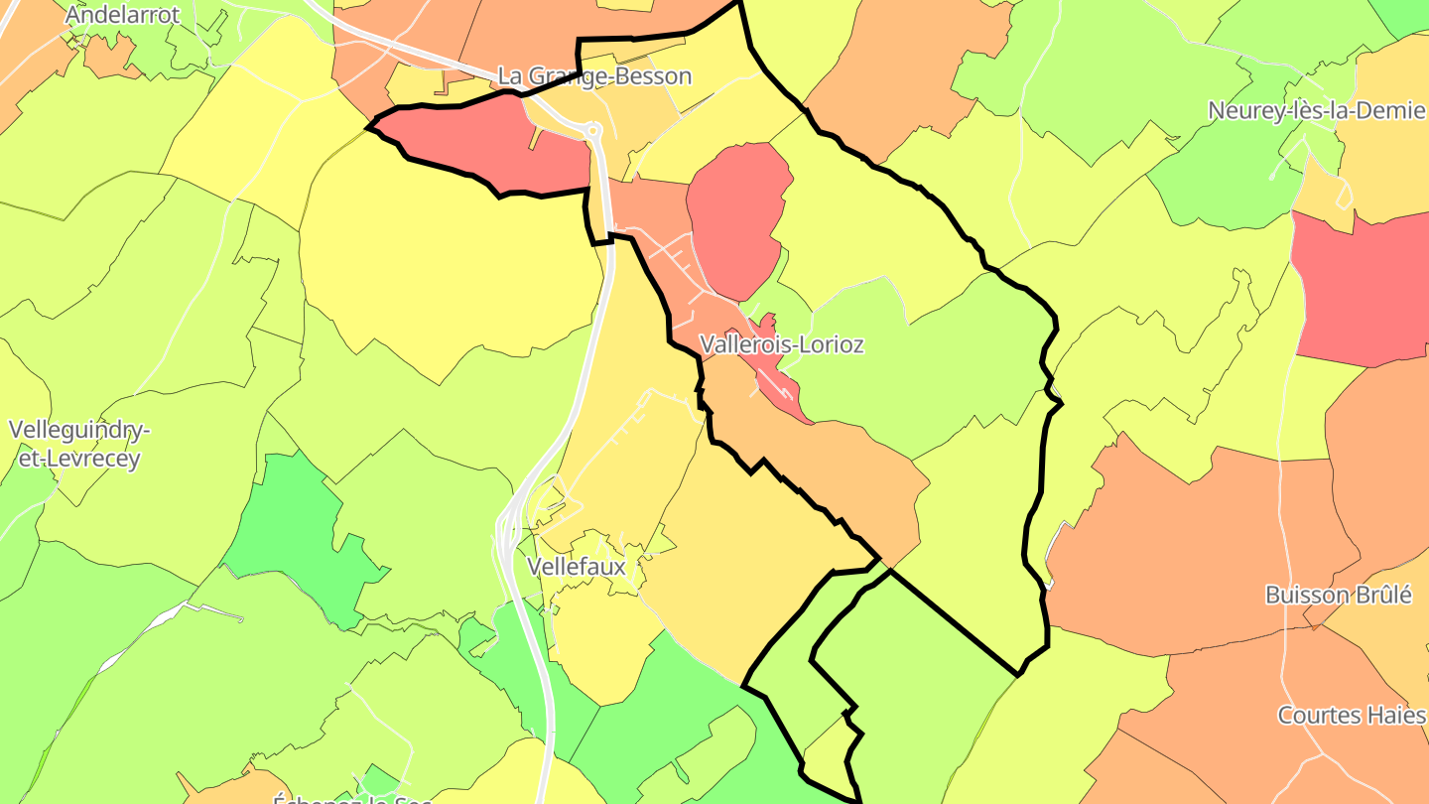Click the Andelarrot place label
pyautogui.click(x=123, y=15)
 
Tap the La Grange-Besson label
pyautogui.click(x=594, y=76)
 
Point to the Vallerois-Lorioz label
pyautogui.click(x=781, y=344)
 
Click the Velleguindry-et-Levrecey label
pyautogui.click(x=79, y=444)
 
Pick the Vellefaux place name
pyautogui.click(x=577, y=567)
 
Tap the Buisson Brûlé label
pyautogui.click(x=1338, y=595)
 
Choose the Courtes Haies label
pyautogui.click(x=1351, y=715)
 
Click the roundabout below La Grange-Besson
pyautogui.click(x=593, y=130)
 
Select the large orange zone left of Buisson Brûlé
pyautogui.click(x=1191, y=546)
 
